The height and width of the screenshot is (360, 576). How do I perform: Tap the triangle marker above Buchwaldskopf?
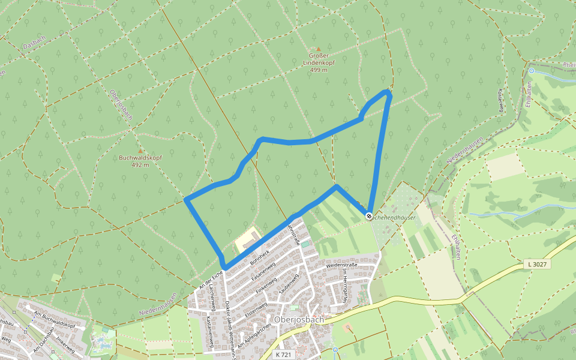(x=140, y=151)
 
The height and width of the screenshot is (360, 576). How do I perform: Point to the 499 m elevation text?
(x=319, y=70)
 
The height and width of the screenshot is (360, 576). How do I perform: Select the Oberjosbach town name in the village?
(x=299, y=319)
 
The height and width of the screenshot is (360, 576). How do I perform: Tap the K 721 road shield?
(x=283, y=355)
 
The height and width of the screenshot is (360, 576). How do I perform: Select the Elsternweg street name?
(x=256, y=308)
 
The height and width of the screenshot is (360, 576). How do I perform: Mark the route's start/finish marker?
(x=369, y=216)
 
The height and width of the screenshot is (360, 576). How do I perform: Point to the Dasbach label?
(x=34, y=45)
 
